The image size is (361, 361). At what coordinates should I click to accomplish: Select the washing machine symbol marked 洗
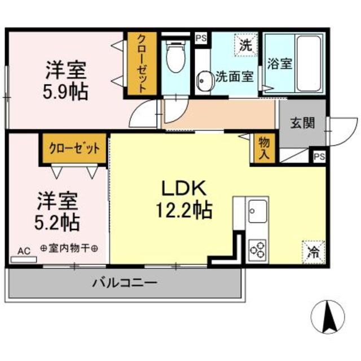pos(246,42)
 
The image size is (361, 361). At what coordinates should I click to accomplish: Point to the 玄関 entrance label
pos(302,123)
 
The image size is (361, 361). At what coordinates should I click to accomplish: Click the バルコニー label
pos(125,282)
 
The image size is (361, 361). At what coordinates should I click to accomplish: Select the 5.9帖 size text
pos(66,91)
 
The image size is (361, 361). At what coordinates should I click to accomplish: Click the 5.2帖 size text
pos(58,221)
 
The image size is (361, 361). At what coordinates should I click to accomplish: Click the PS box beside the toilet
pos(200,39)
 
